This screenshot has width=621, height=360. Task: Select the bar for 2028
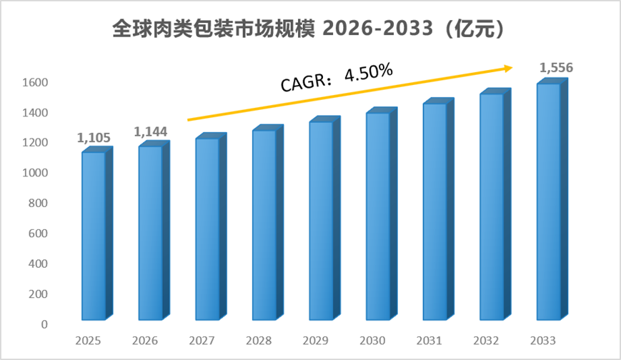[x=268, y=222]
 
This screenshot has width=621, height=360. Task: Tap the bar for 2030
[x=382, y=214]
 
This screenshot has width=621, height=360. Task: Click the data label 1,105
[x=94, y=138]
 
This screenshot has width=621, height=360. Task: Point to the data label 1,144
[x=151, y=132]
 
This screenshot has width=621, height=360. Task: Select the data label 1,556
[x=556, y=68]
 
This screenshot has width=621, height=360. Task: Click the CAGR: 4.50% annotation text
[x=337, y=77]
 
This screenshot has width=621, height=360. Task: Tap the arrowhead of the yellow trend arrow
[x=508, y=68]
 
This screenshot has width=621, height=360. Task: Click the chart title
[x=309, y=29]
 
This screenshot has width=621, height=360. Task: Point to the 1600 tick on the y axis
[x=35, y=82]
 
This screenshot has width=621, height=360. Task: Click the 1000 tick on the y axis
[x=35, y=173]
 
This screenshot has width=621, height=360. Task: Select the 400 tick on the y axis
[x=38, y=264]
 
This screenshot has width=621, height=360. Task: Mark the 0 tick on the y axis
[x=44, y=324]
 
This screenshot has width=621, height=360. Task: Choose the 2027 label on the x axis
[x=202, y=341]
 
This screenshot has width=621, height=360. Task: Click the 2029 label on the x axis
[x=316, y=341]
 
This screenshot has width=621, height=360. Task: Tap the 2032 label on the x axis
[x=486, y=341]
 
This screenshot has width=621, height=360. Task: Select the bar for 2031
[x=439, y=209]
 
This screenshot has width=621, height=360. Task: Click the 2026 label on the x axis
[x=145, y=341]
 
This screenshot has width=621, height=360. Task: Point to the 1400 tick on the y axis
[x=35, y=113]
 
